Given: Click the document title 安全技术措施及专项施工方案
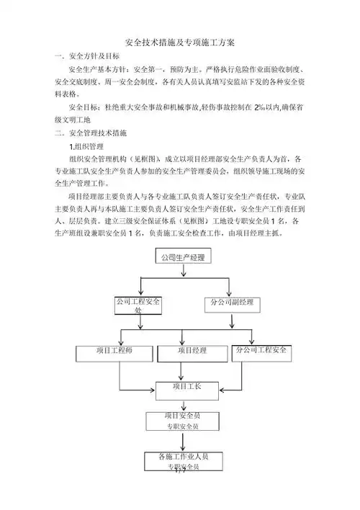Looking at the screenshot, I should pyautogui.click(x=179, y=42).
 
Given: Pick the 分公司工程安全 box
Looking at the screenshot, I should pyautogui.click(x=264, y=352).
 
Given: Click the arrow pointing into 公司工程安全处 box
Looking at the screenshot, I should pyautogui.click(x=137, y=292).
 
